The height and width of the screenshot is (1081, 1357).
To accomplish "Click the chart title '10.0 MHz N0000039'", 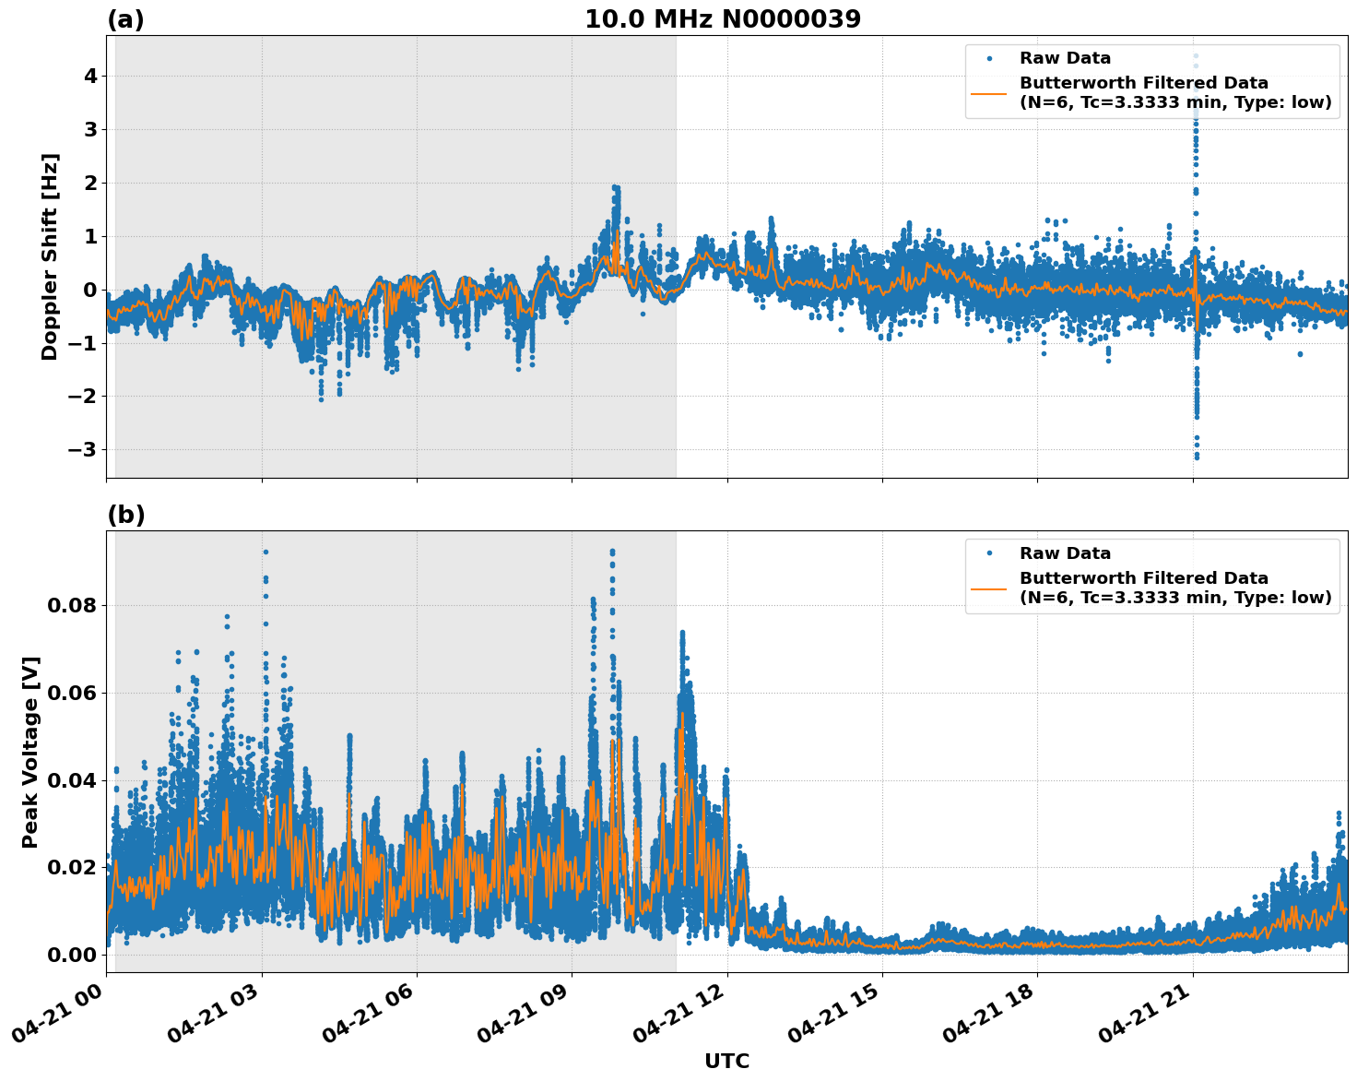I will tap(723, 19).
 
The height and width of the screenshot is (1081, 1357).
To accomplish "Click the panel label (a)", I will tap(125, 19).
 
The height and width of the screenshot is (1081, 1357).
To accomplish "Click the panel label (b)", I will tap(125, 515).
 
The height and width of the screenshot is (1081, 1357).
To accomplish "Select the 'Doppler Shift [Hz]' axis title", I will tap(50, 256).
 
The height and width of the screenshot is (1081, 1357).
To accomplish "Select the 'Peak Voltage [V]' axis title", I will tap(30, 752).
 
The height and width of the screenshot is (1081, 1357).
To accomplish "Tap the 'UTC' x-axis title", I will tap(726, 1061).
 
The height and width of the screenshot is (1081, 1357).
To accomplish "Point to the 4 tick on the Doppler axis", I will tap(90, 77).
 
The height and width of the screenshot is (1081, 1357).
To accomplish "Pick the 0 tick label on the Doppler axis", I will tap(90, 291).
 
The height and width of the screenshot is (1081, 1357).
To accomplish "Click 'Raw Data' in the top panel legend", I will tap(1065, 59).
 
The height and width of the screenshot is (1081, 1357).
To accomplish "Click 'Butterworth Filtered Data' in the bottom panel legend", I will tap(1143, 578).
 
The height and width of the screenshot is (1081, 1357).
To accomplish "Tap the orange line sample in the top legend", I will tap(988, 92).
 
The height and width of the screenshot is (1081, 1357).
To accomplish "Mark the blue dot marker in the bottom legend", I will tap(988, 553).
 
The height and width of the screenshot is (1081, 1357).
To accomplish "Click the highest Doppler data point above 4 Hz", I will tap(1196, 56).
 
